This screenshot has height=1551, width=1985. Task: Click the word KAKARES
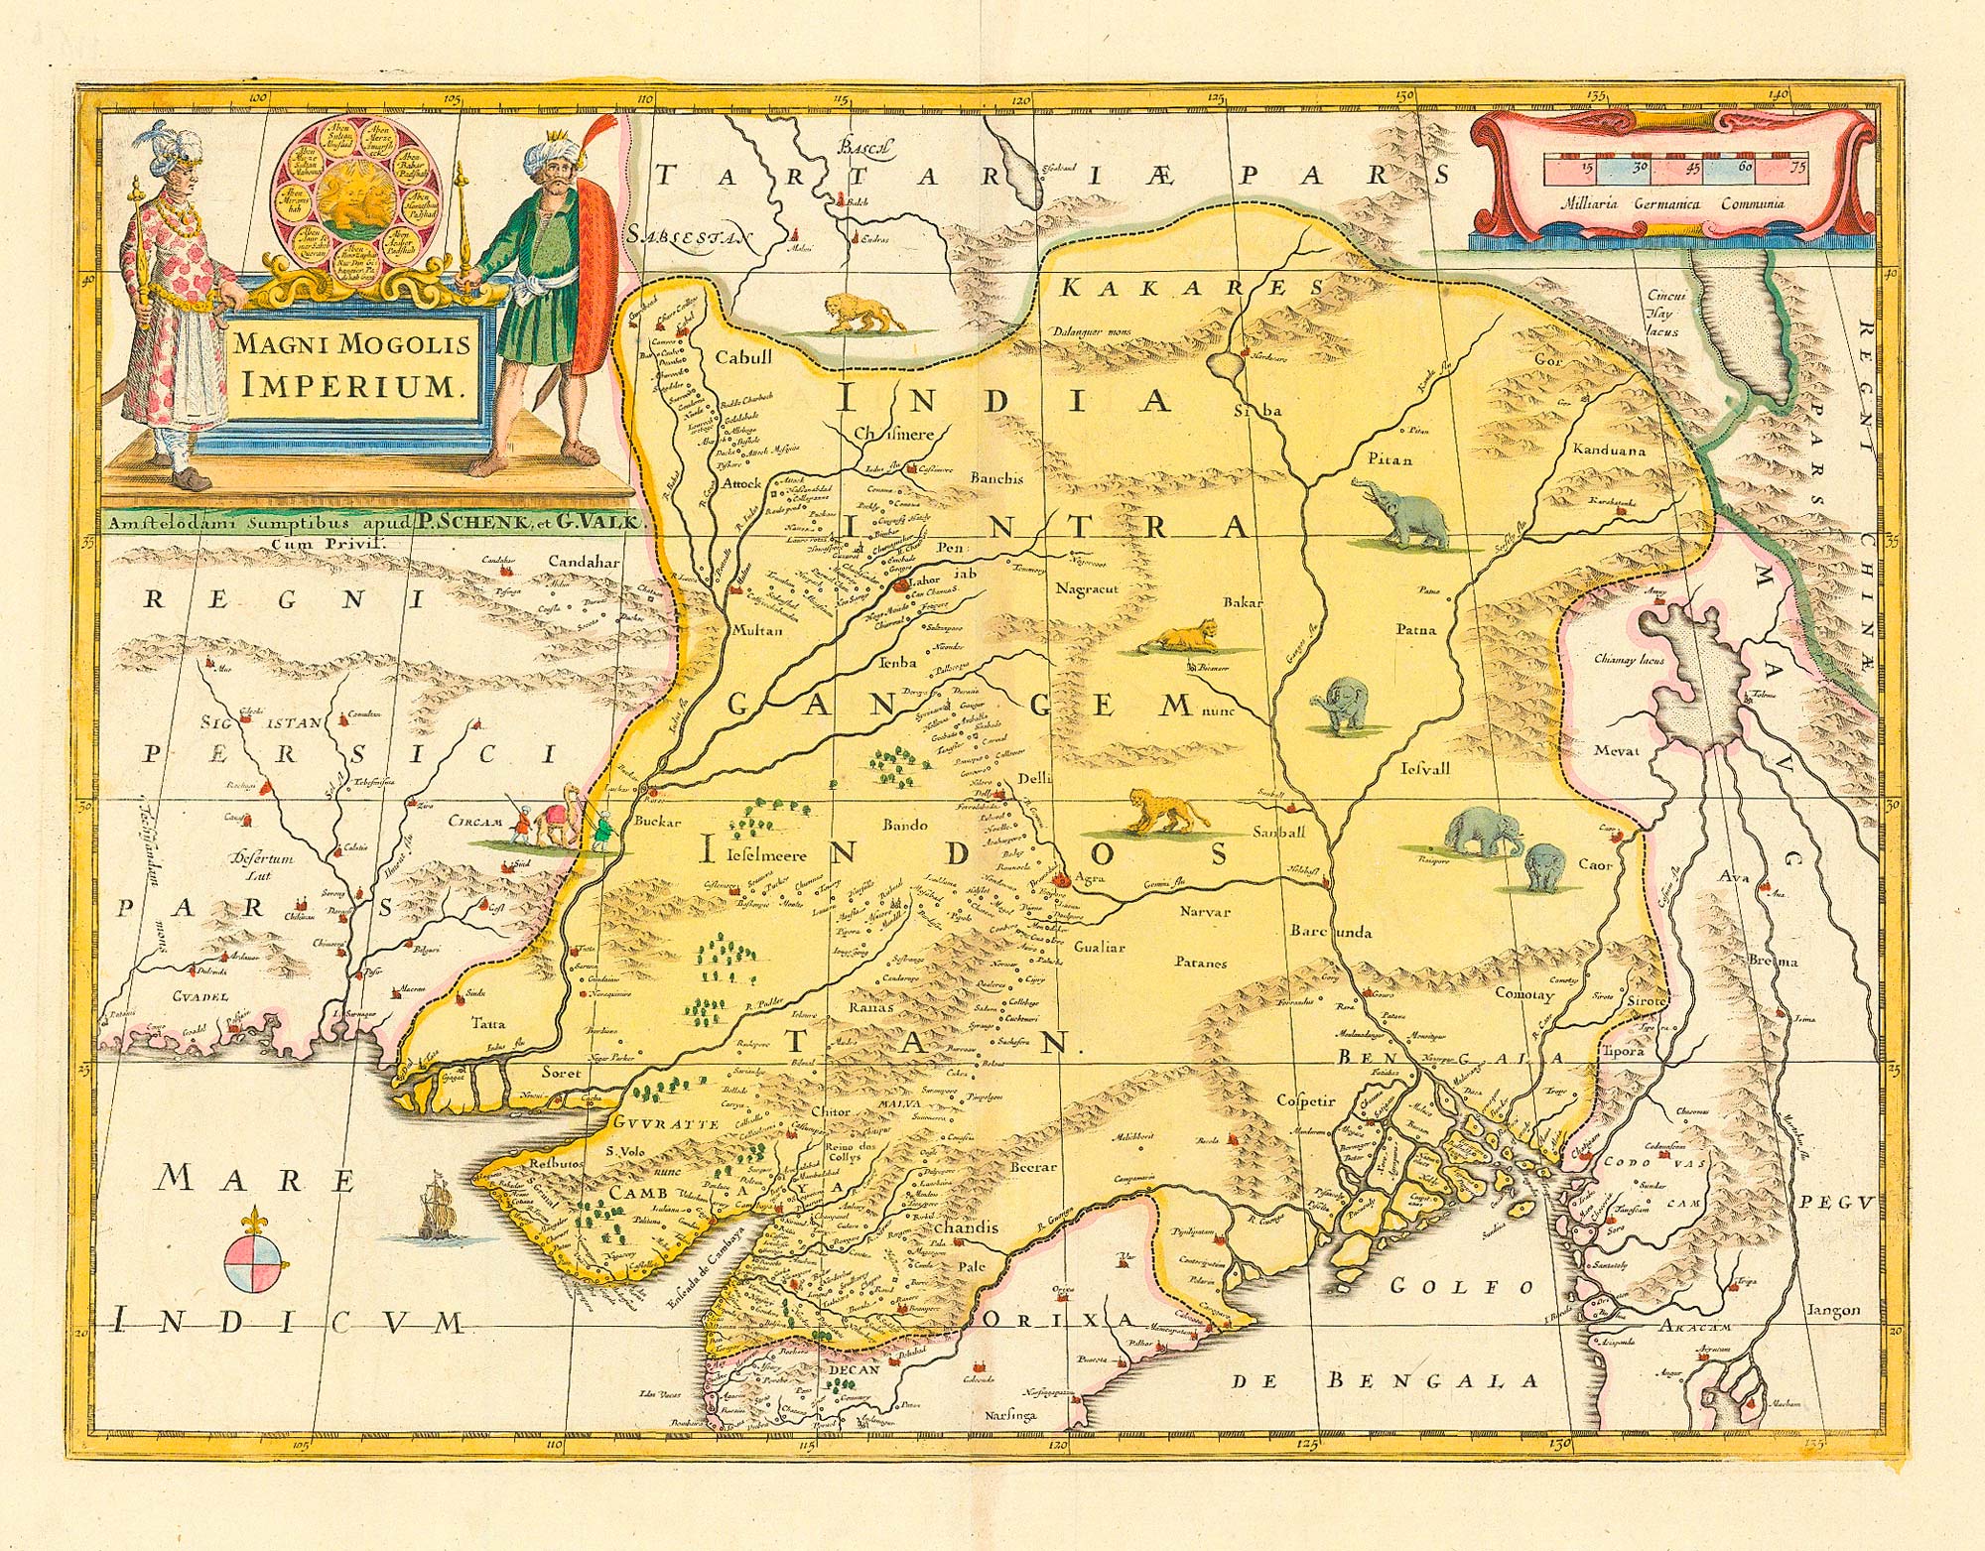[1191, 288]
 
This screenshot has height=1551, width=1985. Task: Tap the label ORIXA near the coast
[1057, 1318]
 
